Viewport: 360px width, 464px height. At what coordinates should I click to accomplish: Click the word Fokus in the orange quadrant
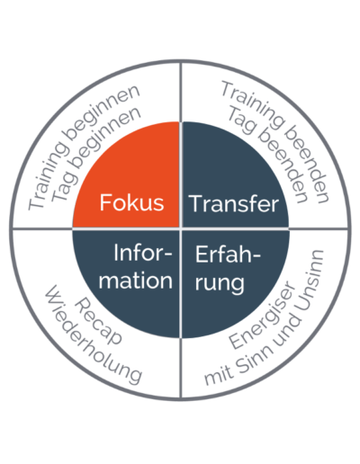pos(131,202)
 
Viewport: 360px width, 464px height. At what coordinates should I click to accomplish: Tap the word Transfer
pos(234,204)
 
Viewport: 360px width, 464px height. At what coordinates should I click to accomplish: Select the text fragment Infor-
pos(143,254)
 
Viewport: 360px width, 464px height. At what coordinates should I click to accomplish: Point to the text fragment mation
pos(136,281)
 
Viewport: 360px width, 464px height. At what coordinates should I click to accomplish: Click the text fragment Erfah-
pos(228,254)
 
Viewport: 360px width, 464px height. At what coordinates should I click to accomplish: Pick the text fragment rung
pos(220,283)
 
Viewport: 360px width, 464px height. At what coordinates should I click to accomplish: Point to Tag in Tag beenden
pos(240,120)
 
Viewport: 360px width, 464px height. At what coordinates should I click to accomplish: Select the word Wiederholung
pos(93,335)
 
